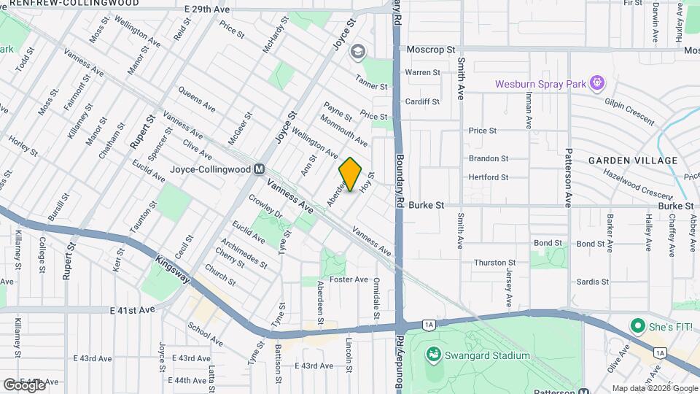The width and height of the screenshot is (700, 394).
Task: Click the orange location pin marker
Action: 351,174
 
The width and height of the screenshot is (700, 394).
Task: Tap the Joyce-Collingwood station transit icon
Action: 259,169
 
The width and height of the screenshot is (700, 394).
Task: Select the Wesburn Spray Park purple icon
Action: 597,83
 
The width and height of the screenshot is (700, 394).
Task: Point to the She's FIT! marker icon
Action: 639,325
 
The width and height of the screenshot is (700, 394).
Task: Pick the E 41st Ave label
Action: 133,310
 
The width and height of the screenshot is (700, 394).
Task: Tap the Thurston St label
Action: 495,263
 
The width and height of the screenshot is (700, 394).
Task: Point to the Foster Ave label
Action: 349,279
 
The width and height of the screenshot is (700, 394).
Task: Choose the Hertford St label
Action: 489,177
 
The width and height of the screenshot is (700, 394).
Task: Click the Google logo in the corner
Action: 24,385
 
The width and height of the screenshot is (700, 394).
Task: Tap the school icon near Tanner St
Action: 357,51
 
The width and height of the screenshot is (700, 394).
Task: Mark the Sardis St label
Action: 592,282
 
